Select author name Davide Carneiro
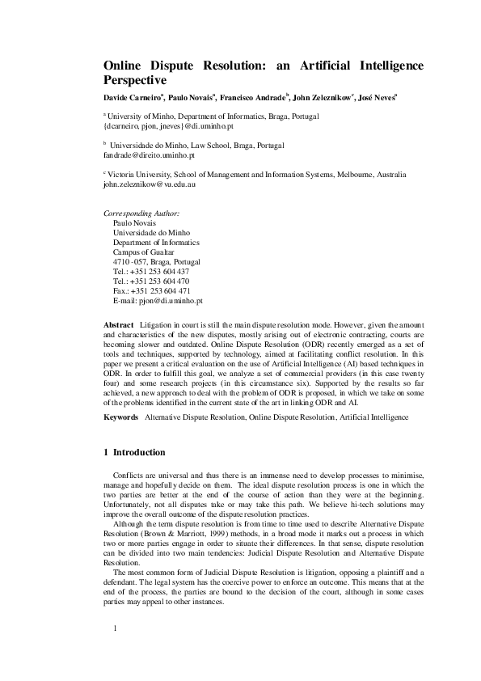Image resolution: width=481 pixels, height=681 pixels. (x=129, y=98)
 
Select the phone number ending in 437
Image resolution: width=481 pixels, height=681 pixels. (x=151, y=272)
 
